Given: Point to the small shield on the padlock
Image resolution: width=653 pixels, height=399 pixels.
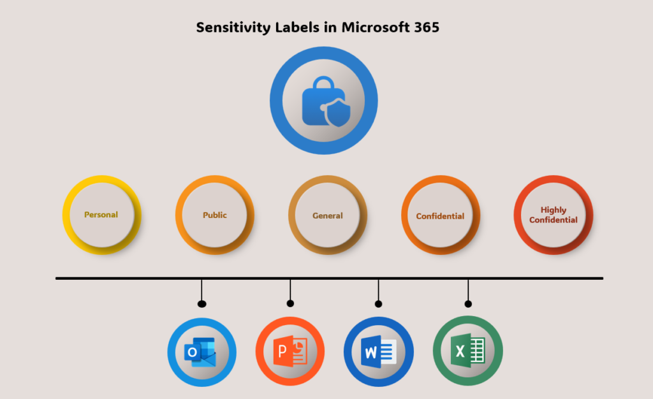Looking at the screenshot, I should (x=337, y=115).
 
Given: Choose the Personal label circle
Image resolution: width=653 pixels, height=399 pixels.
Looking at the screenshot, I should (x=101, y=215).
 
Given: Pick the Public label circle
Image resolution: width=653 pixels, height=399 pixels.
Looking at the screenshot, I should (x=215, y=215).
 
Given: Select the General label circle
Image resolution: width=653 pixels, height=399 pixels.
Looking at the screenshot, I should (x=328, y=215).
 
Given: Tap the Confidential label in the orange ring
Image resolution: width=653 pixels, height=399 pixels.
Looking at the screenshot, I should (x=440, y=216).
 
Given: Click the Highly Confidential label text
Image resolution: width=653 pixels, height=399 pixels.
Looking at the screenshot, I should (x=554, y=215).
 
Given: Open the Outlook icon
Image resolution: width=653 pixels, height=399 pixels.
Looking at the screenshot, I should (x=201, y=352).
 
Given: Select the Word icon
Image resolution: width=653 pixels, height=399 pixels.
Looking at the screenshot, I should (x=378, y=352).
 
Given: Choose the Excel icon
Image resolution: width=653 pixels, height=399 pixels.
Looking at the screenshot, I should (x=468, y=351).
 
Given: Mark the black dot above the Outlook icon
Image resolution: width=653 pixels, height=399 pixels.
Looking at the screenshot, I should (x=202, y=303).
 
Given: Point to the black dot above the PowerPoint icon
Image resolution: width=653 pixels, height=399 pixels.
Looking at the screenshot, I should (x=290, y=303).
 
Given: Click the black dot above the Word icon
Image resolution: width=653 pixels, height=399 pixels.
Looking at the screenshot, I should (x=378, y=303).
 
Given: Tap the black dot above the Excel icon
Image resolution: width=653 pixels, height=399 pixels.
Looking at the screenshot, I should (x=468, y=303).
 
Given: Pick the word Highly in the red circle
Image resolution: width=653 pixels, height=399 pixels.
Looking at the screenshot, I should (x=554, y=210).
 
